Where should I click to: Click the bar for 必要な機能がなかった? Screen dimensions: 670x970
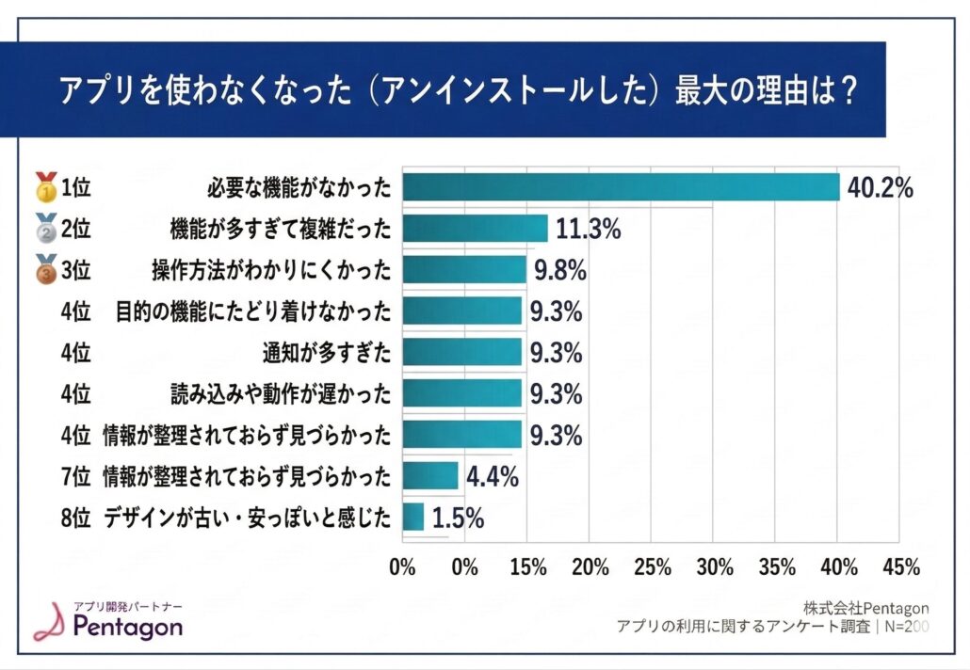tap(621, 187)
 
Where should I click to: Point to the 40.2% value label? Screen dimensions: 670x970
tap(881, 187)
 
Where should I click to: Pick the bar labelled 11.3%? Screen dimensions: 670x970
tap(475, 229)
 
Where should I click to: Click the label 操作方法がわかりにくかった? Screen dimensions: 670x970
tap(271, 270)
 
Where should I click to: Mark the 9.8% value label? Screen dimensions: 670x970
tap(560, 270)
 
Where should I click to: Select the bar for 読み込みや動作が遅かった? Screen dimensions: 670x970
tap(461, 393)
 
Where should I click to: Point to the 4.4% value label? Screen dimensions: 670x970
tap(493, 476)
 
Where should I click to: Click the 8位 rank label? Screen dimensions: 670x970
tap(74, 517)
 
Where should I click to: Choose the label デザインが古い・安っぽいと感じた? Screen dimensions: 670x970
tap(247, 517)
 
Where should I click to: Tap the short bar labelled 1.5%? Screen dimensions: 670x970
tap(412, 517)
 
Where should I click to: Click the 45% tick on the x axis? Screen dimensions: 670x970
tap(901, 567)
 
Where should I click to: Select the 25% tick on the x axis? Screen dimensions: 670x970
tap(652, 567)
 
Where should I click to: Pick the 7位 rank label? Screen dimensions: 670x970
tap(74, 476)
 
